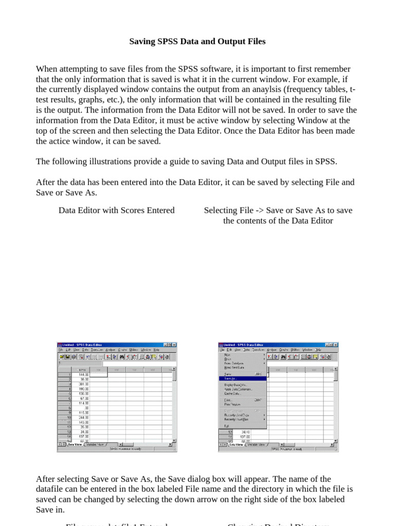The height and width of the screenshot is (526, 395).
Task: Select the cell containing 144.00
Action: coord(82,375)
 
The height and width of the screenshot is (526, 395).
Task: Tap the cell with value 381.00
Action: coord(82,384)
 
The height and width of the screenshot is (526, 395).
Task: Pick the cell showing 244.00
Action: coord(82,417)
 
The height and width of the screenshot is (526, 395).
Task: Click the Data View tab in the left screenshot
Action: coord(75,444)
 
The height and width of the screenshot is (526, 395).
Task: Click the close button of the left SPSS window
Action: coord(174,345)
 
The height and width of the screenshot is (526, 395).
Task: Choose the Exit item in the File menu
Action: coord(227,425)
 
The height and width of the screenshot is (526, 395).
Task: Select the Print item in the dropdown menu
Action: coord(228,400)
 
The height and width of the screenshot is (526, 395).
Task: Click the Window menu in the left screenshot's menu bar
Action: coord(146,350)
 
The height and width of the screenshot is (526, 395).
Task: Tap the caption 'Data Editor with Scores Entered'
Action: coord(116,210)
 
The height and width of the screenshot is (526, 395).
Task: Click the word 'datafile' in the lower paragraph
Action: coord(50,489)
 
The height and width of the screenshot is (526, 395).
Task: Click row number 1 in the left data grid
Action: coord(68,375)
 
